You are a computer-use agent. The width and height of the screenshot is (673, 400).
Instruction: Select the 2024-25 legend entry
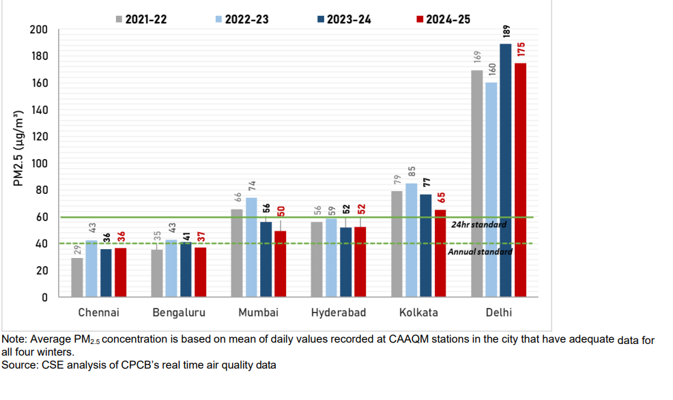443,19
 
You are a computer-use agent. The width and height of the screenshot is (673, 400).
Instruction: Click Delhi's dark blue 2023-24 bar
506,171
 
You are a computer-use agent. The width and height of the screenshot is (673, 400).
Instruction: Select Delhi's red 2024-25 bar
520,180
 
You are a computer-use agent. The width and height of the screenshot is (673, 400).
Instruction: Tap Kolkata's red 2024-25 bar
440,253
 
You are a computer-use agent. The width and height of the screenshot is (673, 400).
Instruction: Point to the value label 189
506,32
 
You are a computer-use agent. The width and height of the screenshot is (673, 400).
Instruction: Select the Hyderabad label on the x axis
339,313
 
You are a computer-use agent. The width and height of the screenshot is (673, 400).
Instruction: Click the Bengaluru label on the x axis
179,313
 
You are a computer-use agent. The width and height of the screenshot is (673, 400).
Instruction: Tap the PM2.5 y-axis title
20,147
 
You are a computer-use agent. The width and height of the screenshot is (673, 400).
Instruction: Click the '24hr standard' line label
478,225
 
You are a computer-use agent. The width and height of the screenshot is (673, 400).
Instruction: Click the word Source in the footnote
19,365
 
